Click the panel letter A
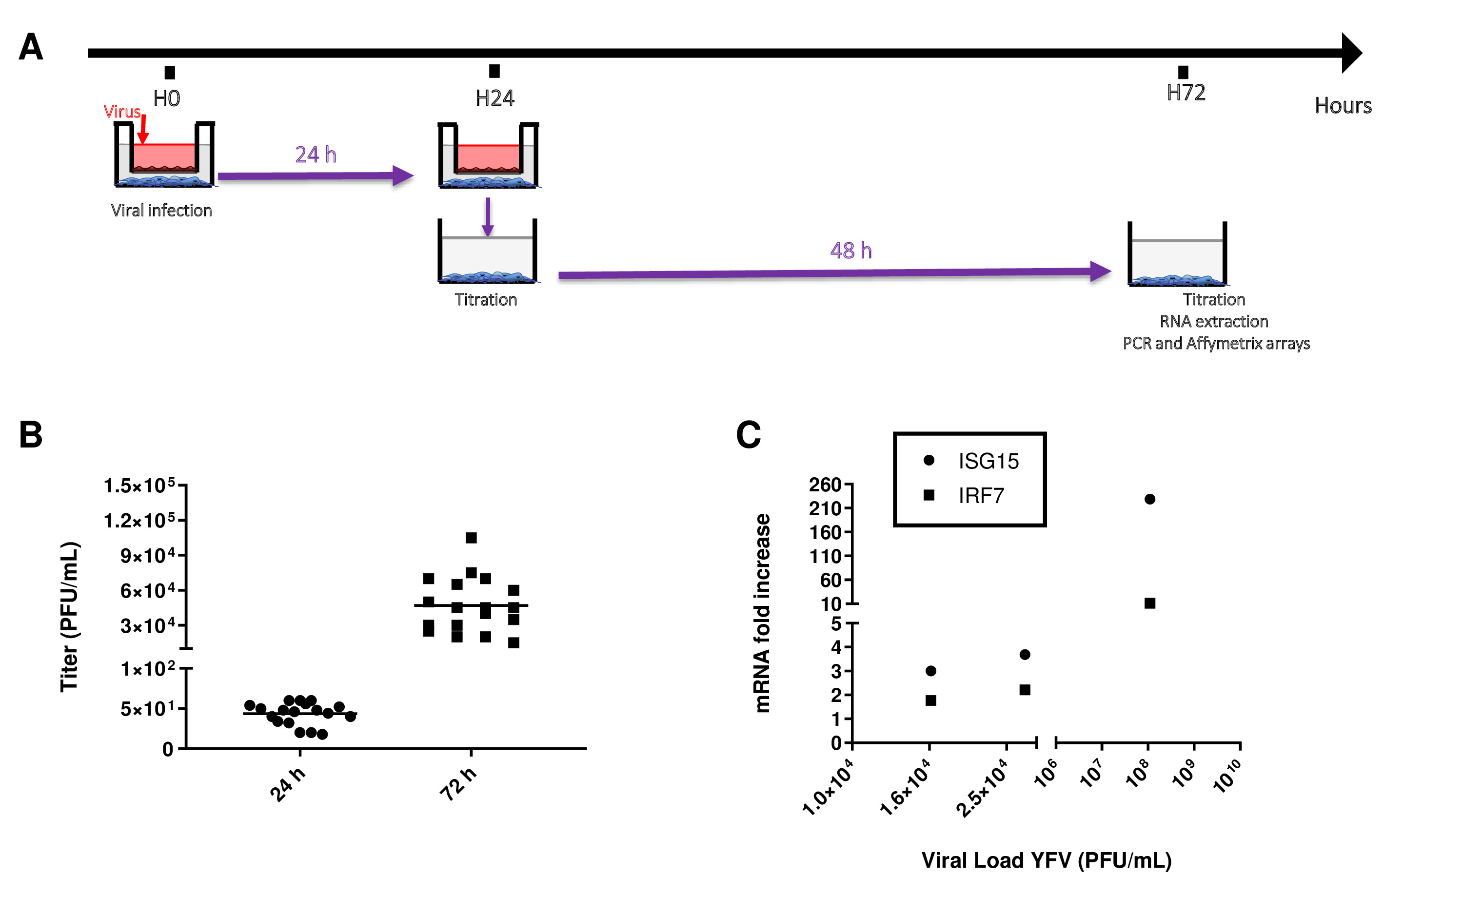[31, 47]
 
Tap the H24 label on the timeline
[494, 98]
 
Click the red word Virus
[121, 112]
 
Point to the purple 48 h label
[850, 250]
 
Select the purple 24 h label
[316, 155]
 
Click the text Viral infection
[161, 211]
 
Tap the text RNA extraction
[1213, 322]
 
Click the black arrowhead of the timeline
[1351, 53]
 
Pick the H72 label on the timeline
[1186, 93]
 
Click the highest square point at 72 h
[471, 537]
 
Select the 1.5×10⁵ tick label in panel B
[139, 486]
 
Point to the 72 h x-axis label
[458, 784]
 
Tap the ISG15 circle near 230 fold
[1150, 499]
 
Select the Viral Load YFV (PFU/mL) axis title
[1046, 860]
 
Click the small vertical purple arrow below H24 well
[488, 216]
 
